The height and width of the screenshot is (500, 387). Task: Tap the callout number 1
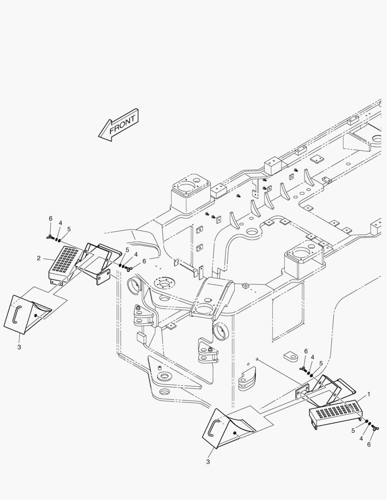pos(368,394)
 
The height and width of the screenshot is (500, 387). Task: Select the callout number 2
pos(39,258)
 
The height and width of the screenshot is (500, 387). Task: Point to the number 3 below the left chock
pos(19,346)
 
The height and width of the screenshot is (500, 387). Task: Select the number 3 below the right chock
pos(208,462)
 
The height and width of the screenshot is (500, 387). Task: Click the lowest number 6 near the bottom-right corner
pos(369,444)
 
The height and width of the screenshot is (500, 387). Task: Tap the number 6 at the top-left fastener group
pos(51,218)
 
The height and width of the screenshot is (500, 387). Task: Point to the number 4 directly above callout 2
pos(60,223)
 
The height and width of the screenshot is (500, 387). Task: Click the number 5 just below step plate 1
pos(353,430)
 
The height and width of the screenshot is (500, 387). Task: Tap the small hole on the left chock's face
pos(36,315)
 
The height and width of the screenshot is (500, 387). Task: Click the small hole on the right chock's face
pos(235,433)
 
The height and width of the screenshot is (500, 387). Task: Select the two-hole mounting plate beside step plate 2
pos(102,277)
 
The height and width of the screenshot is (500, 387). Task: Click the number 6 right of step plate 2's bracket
pos(144,261)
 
